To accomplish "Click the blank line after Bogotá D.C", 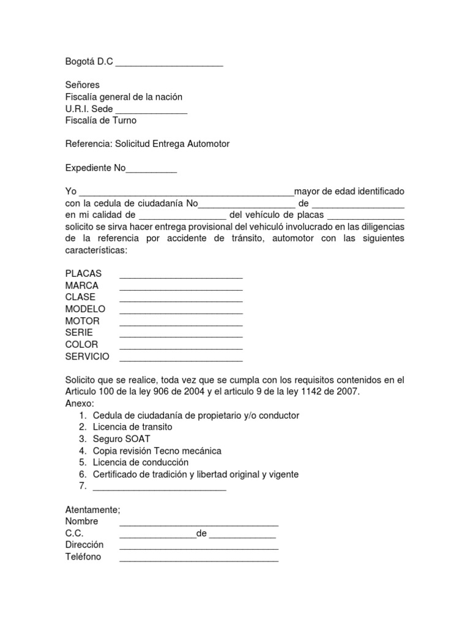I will point(169,63).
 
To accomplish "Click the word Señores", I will point(82,85).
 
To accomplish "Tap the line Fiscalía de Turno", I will point(101,121).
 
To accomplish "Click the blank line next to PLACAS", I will point(181,274).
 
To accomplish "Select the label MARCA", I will point(82,285).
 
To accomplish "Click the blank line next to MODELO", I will point(181,310).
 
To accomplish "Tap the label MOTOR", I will point(82,321).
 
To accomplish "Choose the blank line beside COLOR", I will point(181,345).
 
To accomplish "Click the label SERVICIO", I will point(87,356).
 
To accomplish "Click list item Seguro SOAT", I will point(121,439).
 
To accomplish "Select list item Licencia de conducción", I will point(141,462).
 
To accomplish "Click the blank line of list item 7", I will point(159,487).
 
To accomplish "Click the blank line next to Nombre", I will point(199,522).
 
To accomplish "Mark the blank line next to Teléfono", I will point(199,558).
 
